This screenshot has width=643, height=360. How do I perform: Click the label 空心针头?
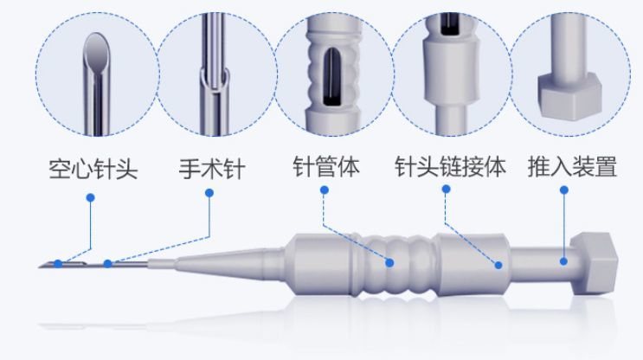[93, 169]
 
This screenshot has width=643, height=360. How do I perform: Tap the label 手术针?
[212, 169]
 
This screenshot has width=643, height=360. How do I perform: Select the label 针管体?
[326, 166]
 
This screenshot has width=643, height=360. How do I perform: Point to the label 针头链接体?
[450, 166]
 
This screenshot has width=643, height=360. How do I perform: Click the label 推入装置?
[572, 166]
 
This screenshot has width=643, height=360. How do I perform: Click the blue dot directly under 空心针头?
[91, 197]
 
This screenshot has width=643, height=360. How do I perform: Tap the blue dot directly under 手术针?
[209, 193]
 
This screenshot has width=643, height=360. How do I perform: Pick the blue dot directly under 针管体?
[325, 190]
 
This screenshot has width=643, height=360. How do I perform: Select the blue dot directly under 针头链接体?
[447, 189]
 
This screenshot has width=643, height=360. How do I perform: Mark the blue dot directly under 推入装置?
[564, 190]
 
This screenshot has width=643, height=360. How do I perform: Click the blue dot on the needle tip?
[58, 263]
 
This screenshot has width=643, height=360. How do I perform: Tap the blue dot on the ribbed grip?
[389, 262]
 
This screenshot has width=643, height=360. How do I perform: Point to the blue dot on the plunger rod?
[564, 261]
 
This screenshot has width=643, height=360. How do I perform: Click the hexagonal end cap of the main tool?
[595, 263]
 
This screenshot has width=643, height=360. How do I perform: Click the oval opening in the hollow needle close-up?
[96, 50]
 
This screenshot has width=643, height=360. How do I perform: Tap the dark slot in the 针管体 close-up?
[332, 76]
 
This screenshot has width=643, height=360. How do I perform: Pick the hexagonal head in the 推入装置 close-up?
[569, 95]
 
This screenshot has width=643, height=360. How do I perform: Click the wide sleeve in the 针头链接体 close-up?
[451, 73]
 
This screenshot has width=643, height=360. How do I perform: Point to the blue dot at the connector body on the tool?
[498, 266]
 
